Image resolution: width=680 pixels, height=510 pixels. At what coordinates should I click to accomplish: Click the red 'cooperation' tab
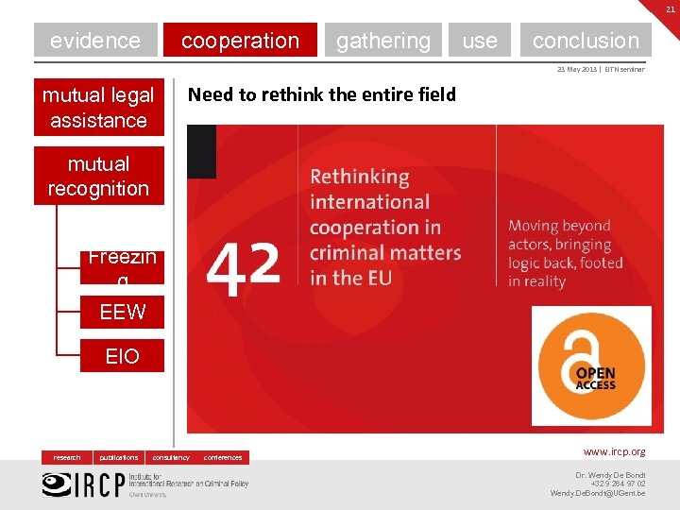pyautogui.click(x=240, y=41)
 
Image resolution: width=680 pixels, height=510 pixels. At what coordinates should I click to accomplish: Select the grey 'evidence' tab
pyautogui.click(x=95, y=41)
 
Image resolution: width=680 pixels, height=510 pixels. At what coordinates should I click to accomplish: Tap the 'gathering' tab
pyautogui.click(x=382, y=41)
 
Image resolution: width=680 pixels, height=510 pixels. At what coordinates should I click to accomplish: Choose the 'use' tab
pyautogui.click(x=480, y=41)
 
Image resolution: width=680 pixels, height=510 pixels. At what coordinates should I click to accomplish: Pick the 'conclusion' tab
pyautogui.click(x=586, y=41)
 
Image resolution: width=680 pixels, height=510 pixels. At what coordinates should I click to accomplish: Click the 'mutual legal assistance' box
pyautogui.click(x=98, y=107)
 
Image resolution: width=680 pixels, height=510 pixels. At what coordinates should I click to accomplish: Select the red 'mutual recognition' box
pyautogui.click(x=98, y=176)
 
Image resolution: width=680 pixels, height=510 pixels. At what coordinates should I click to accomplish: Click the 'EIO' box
pyautogui.click(x=122, y=355)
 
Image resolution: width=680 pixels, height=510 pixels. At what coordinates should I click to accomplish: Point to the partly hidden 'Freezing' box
pyautogui.click(x=122, y=266)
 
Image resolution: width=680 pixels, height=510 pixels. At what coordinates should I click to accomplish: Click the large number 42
pyautogui.click(x=243, y=266)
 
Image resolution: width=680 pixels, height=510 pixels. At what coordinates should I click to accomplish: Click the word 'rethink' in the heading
pyautogui.click(x=277, y=94)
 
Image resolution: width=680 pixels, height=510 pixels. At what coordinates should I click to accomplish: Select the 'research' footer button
pyautogui.click(x=67, y=457)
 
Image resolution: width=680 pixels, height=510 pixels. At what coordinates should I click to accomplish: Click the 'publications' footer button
pyautogui.click(x=119, y=457)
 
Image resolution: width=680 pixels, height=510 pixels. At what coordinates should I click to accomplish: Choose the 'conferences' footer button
pyautogui.click(x=223, y=457)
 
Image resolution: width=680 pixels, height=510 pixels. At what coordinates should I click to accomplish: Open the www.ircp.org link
pyautogui.click(x=614, y=452)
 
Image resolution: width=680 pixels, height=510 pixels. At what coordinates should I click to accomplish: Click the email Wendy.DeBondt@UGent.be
pyautogui.click(x=597, y=493)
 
